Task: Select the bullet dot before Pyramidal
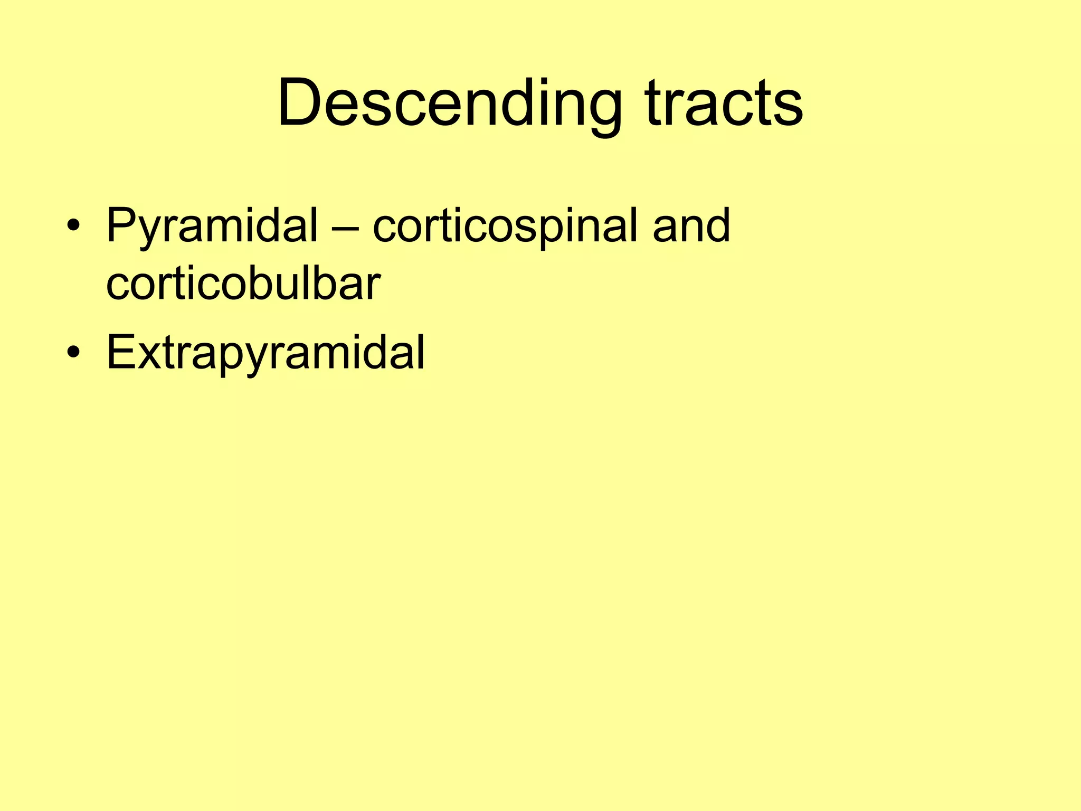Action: click(73, 227)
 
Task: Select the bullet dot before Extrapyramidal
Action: click(73, 353)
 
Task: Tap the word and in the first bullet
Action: click(691, 226)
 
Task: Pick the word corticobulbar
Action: click(243, 284)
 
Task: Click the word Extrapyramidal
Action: click(265, 353)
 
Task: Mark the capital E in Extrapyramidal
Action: click(119, 351)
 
